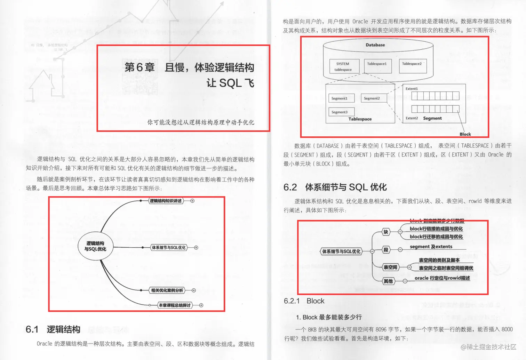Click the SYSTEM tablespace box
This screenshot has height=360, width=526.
click(343, 66)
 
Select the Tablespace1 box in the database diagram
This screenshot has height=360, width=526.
click(378, 65)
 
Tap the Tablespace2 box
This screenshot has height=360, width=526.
click(413, 65)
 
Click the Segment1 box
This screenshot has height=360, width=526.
click(341, 98)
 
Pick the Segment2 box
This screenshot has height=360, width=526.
click(374, 98)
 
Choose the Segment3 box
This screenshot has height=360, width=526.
click(341, 112)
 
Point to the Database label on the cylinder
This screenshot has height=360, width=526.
click(375, 45)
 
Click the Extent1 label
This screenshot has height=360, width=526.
click(412, 89)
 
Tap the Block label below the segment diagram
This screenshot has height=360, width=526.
click(465, 134)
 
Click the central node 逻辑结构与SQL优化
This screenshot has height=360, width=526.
click(95, 246)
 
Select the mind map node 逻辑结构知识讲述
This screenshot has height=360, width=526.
click(166, 201)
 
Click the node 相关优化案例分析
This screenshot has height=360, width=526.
click(167, 290)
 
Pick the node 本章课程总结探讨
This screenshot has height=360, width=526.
click(175, 305)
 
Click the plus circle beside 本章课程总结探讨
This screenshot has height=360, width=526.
click(201, 305)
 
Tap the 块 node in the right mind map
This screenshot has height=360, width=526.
click(386, 232)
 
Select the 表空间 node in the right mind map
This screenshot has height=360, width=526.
click(390, 267)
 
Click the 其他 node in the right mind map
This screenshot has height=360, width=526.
click(388, 281)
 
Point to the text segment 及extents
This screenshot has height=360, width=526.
click(431, 247)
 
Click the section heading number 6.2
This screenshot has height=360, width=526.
click(290, 187)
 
